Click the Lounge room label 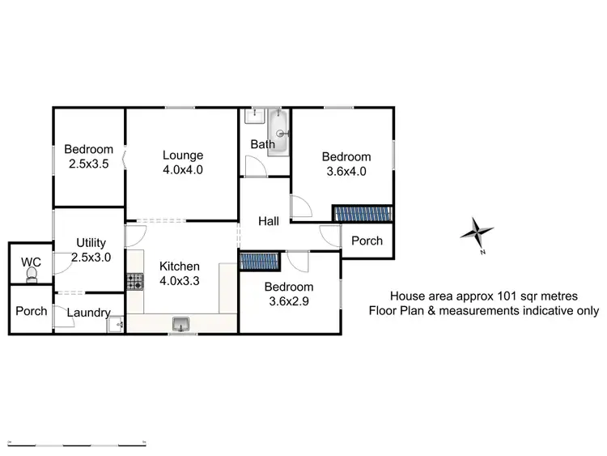[x=182, y=156]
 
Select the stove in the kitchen [x=134, y=282]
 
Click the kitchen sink [x=180, y=324]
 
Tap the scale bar [x=78, y=444]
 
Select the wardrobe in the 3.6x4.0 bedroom [x=363, y=213]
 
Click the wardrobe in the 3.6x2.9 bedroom [x=259, y=261]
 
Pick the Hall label [x=270, y=221]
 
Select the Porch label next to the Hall [x=367, y=241]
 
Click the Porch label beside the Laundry [x=32, y=311]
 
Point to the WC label [x=31, y=262]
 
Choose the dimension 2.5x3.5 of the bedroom [x=89, y=163]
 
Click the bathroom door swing [x=255, y=166]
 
